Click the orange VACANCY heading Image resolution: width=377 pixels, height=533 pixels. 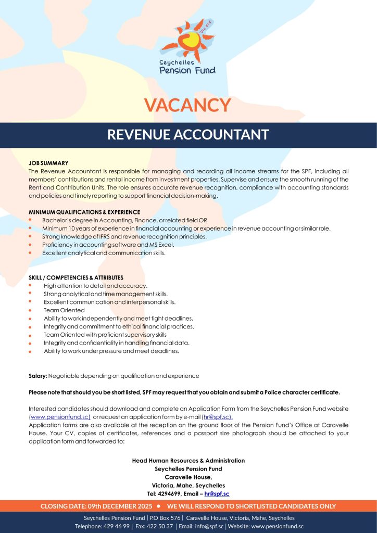pos(187,105)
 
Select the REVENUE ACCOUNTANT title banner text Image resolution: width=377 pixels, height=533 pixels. pos(188,135)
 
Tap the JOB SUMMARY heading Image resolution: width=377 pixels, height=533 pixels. pos(48,163)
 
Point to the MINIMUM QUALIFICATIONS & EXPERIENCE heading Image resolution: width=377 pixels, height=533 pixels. pos(84,212)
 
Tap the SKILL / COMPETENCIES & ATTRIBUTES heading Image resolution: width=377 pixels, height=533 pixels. pos(76,277)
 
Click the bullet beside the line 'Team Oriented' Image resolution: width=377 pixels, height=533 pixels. pos(31,310)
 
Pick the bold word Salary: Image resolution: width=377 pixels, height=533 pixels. pos(38,376)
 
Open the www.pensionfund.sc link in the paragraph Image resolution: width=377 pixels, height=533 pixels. pos(59,417)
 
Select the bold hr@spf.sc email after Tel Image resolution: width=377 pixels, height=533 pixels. pos(217,493)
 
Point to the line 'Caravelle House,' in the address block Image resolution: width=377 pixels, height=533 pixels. pos(188,477)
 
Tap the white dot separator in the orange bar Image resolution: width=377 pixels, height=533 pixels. pos(158,506)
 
